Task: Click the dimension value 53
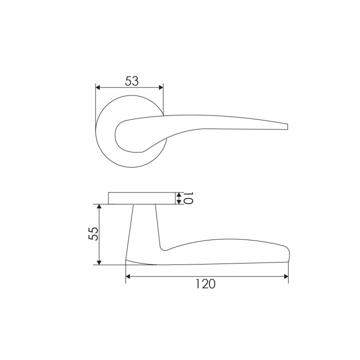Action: (x=132, y=81)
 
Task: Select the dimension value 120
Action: (x=205, y=284)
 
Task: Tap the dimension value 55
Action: (x=93, y=233)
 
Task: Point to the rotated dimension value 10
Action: (x=188, y=198)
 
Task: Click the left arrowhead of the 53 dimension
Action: (x=98, y=87)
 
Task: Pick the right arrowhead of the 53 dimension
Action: (x=160, y=87)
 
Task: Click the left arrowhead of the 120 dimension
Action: (x=128, y=276)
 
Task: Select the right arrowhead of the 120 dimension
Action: (x=286, y=276)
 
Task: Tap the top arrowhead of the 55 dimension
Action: (x=99, y=206)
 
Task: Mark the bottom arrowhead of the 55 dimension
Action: (x=99, y=262)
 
